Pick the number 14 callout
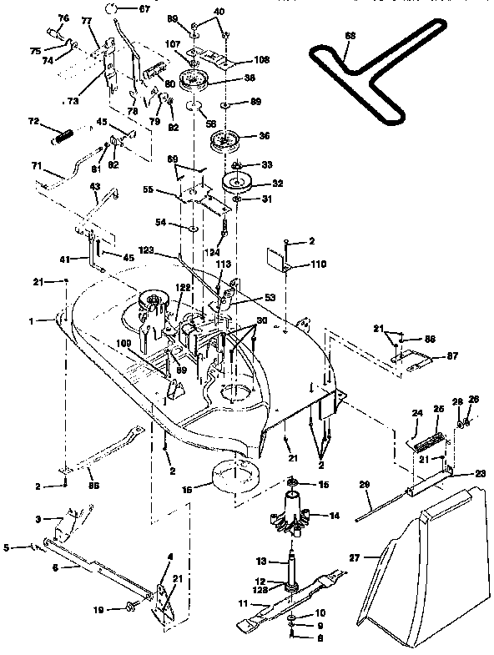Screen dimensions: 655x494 click(334, 516)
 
